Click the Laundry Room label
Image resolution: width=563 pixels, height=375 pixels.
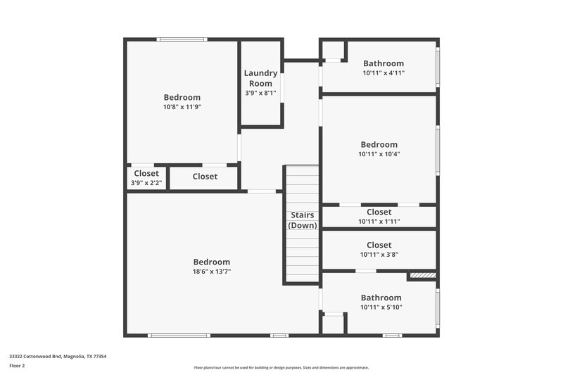point(260,78)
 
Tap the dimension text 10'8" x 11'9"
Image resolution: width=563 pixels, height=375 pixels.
point(182,107)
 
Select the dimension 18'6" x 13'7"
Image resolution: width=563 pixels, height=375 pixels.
point(211,272)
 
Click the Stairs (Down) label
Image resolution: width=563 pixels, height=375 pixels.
point(303,220)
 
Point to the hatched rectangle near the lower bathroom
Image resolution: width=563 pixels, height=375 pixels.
point(422,276)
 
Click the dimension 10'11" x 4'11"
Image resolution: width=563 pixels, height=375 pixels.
point(384,73)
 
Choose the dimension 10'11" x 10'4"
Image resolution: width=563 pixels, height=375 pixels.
point(379,154)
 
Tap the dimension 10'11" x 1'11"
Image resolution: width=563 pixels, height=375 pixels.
point(379,221)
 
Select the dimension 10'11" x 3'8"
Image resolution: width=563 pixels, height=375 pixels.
point(379,255)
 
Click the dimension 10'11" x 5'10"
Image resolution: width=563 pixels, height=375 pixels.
point(381,307)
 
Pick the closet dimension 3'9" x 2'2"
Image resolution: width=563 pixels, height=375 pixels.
point(146,183)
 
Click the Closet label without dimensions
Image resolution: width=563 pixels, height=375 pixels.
point(205,177)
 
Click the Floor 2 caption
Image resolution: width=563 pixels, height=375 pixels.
point(17,366)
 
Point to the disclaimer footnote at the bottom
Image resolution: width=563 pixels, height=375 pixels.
point(281,367)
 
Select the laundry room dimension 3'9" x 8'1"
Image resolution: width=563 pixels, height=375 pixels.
point(260,93)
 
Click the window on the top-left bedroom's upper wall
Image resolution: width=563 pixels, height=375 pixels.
point(182,39)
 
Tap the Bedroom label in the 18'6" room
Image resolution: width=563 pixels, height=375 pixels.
point(211,262)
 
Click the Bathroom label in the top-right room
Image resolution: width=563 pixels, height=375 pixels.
point(384,63)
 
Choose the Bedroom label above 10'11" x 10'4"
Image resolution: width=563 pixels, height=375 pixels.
point(379,144)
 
